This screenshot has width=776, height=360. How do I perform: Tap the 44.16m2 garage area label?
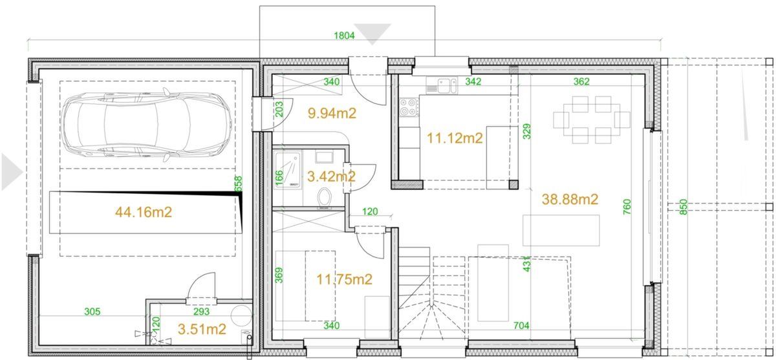click(x=143, y=212)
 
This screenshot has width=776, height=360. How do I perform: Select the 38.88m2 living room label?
click(x=570, y=200)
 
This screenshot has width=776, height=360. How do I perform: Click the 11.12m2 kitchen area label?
click(x=455, y=137)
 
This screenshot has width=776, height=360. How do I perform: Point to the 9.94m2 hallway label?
click(x=332, y=114)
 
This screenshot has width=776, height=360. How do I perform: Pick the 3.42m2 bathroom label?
click(x=330, y=176)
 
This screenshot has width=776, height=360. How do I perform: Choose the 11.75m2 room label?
click(x=344, y=279)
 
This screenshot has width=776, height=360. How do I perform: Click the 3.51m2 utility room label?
click(x=201, y=330)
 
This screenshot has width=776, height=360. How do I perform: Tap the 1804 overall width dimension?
click(x=344, y=36)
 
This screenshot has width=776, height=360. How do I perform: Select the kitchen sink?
click(x=442, y=84)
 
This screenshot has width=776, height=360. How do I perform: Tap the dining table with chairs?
click(x=591, y=120)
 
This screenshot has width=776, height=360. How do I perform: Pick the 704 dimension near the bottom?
click(x=520, y=326)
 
